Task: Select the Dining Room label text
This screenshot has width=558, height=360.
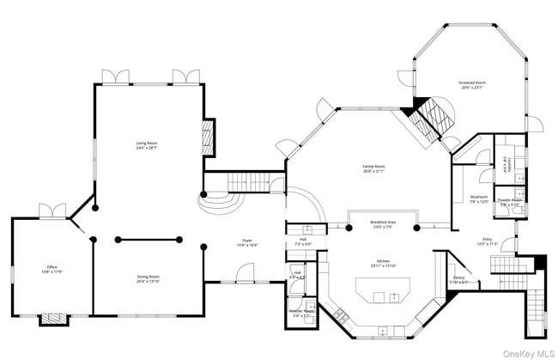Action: [x=148, y=278]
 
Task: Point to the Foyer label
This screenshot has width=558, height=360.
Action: [x=246, y=243]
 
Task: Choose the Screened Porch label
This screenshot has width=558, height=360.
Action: [x=471, y=85]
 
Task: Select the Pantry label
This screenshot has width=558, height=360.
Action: [x=458, y=279]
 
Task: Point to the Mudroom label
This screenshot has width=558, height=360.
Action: [x=478, y=200]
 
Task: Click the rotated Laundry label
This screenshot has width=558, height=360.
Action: [x=507, y=166]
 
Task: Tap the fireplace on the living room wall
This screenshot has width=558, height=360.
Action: [x=206, y=134]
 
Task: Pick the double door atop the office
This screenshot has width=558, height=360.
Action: [x=52, y=211]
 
